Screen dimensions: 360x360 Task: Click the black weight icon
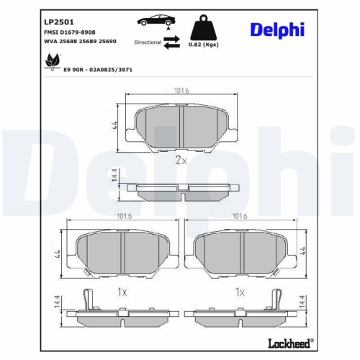204,28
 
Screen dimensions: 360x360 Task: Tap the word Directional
148,43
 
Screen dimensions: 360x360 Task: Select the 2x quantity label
181,160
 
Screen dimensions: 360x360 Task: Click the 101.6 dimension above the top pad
181,91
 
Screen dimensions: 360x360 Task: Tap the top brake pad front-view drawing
181,127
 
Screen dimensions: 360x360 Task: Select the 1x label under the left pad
122,292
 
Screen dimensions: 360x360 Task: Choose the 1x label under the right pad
240,292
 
